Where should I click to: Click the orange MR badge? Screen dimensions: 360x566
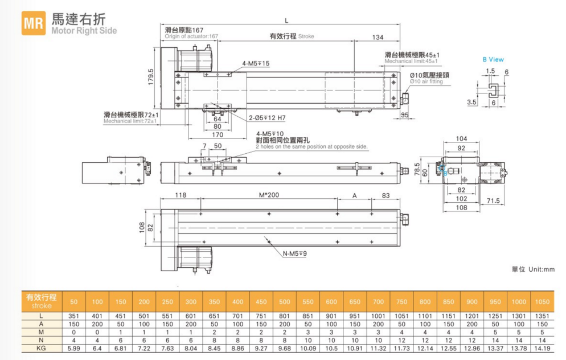34,24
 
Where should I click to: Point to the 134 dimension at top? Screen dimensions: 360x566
377,37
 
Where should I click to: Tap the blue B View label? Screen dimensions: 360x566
493,59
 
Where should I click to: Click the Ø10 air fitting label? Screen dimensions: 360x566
430,78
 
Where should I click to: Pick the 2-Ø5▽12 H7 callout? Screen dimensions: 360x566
267,118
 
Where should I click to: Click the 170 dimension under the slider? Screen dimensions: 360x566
217,135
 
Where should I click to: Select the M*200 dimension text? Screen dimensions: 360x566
269,195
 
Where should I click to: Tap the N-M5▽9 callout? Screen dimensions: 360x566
294,253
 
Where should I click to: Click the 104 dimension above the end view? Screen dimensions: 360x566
462,138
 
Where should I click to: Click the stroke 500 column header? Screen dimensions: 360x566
284,301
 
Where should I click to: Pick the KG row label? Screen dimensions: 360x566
40,347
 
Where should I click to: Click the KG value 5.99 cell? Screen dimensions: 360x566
74,347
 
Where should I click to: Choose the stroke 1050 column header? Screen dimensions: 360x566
542,301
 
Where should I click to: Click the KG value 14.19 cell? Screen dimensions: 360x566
542,347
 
